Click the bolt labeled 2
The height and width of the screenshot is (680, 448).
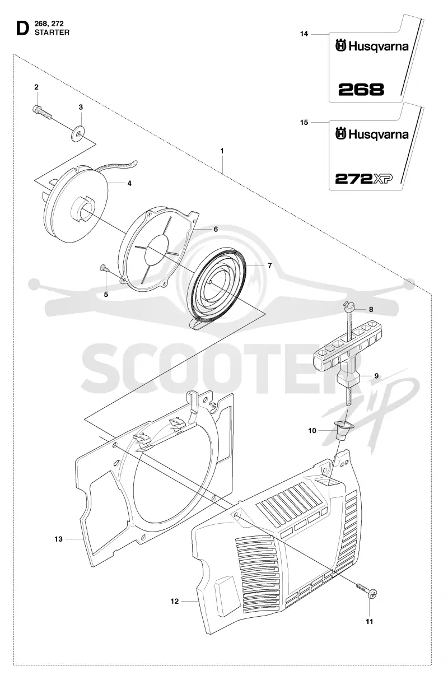(x=42, y=111)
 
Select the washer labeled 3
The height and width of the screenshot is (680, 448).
(x=78, y=133)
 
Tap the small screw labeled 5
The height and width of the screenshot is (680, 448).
(x=104, y=268)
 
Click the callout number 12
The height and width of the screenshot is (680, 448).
(x=175, y=602)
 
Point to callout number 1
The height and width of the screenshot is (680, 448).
(x=222, y=151)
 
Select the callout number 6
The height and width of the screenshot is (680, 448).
(x=216, y=229)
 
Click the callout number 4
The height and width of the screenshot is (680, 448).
(x=129, y=183)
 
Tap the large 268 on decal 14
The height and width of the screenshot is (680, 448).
(x=361, y=90)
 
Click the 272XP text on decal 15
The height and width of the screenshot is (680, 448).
(x=363, y=179)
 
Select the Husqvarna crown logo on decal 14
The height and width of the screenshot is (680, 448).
(x=341, y=46)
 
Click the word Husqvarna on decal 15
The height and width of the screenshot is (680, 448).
(x=379, y=135)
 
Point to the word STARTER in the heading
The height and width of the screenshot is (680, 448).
(x=52, y=32)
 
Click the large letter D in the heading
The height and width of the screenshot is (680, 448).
(x=22, y=30)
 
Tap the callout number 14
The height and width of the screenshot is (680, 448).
(x=304, y=34)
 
